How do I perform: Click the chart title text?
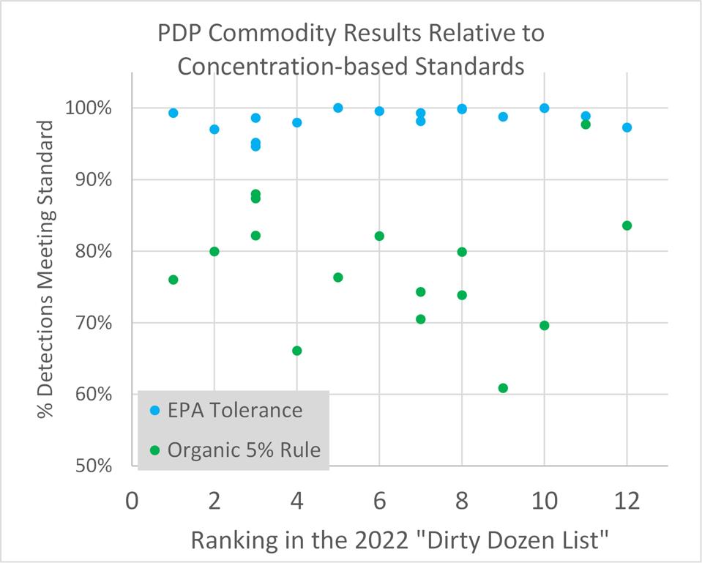[351, 50]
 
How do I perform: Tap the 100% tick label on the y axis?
[92, 108]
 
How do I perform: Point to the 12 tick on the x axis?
[627, 503]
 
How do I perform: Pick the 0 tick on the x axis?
[132, 503]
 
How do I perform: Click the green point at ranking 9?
[503, 388]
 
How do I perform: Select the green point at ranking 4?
[296, 351]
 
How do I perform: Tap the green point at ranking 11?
[586, 124]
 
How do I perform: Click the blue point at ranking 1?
[173, 113]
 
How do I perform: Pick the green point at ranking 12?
[627, 225]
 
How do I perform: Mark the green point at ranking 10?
[544, 325]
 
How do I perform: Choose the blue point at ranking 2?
[214, 130]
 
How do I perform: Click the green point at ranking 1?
[173, 280]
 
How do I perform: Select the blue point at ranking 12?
[627, 127]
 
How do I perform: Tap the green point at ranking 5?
[338, 277]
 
